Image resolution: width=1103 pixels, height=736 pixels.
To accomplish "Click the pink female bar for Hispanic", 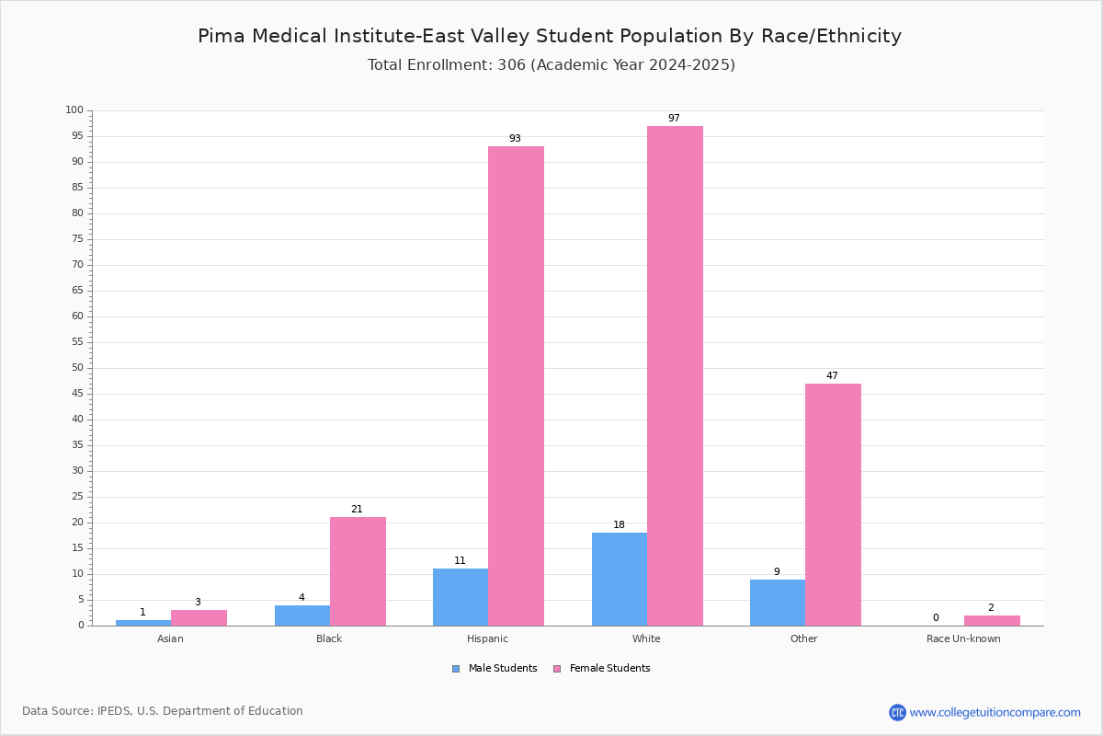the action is coord(516,386).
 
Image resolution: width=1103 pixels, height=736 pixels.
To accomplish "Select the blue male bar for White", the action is coord(620,580).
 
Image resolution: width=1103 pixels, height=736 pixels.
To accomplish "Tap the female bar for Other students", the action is coord(833,505).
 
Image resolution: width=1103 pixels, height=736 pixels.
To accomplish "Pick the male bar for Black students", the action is coord(302,615).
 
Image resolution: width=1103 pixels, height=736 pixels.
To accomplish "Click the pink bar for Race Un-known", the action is coord(992,621).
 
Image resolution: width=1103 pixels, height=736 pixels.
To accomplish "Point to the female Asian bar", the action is coord(199,618).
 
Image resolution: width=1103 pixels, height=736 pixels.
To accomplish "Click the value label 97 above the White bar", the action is coord(674,119).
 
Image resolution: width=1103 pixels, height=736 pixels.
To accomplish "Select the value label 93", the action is coord(515,139).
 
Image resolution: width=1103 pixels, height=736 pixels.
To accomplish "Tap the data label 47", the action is coord(832,375).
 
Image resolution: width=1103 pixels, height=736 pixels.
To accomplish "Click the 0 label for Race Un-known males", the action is coord(936,617).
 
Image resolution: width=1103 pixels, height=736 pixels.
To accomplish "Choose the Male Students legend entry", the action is coord(495,669).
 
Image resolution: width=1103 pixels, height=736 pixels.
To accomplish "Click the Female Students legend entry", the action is coord(602,669).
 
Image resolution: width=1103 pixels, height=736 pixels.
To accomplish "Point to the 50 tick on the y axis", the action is coord(78,368).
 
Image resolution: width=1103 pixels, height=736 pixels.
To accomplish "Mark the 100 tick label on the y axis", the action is coord(74,109).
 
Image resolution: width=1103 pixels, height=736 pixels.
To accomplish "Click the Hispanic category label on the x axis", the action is coord(487,638).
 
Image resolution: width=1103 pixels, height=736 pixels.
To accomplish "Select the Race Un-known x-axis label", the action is coord(963,638).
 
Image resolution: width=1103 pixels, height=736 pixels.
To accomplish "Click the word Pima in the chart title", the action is coord(222,36).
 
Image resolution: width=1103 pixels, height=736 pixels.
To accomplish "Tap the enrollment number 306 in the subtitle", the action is coord(512,65).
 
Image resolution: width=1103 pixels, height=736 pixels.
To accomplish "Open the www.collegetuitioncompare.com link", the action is coord(995,713).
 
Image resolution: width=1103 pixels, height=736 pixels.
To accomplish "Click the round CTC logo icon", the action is coord(898,713).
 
